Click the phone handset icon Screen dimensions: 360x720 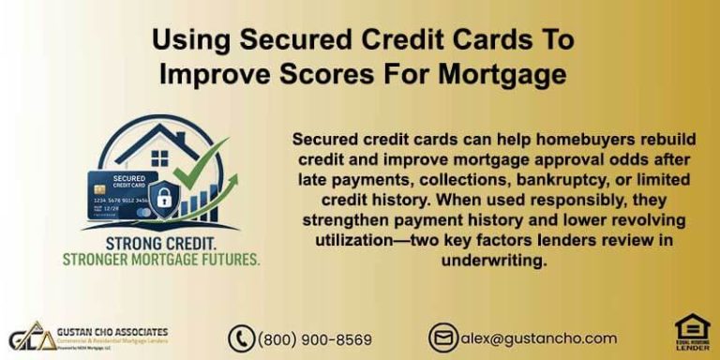coord(241,338)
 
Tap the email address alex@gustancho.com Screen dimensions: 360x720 coord(537,338)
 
